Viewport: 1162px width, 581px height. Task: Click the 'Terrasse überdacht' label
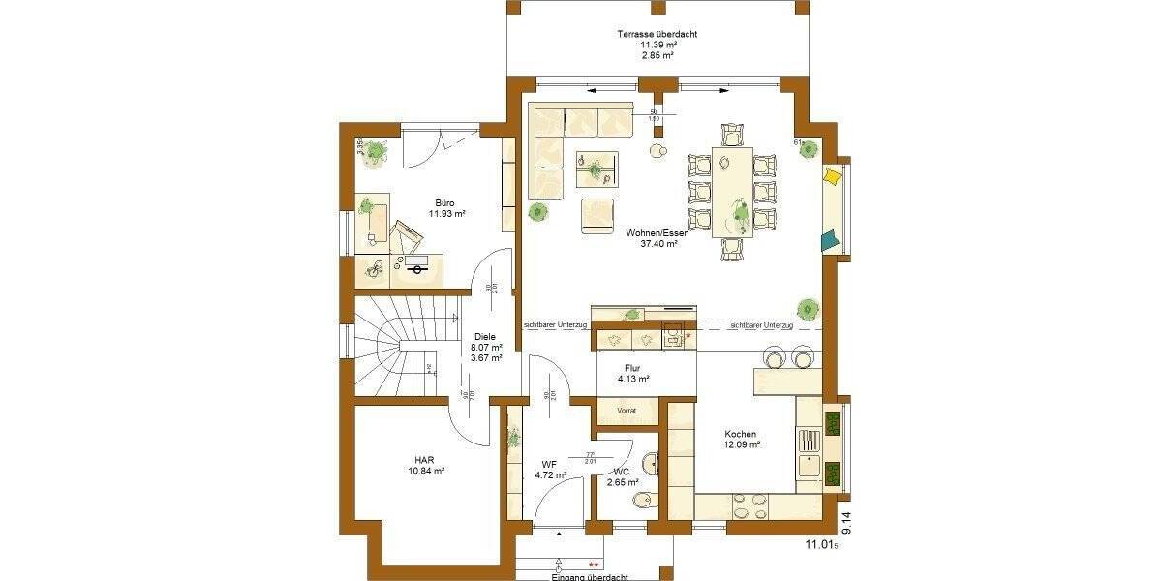[657, 34]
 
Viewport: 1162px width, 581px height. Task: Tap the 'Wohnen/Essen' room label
[657, 232]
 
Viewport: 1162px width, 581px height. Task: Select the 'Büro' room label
[444, 202]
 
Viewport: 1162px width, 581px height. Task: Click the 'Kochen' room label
[740, 434]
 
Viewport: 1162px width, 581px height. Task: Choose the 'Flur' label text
[631, 367]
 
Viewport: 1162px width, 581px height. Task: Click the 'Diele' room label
[485, 336]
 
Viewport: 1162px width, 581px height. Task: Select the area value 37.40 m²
[657, 244]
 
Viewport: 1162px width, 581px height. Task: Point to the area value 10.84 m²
[424, 471]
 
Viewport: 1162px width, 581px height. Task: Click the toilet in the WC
[642, 501]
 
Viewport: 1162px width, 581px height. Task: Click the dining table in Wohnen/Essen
[732, 192]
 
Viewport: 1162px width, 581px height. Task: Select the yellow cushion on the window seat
[832, 177]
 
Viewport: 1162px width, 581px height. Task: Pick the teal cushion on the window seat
[830, 239]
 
